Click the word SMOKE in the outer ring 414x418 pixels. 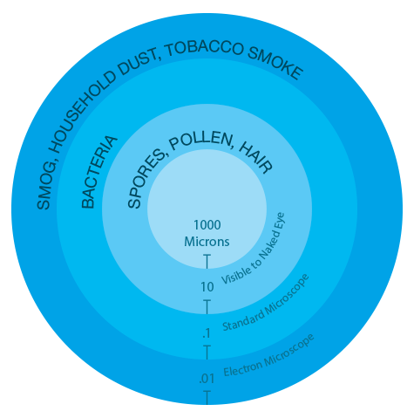coord(275,65)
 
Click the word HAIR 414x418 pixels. coord(255,159)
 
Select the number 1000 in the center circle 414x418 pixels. coord(207,225)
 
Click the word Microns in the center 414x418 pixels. coord(207,242)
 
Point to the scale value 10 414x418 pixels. coord(207,287)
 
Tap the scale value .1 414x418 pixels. coord(207,333)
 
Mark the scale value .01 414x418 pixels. coord(207,379)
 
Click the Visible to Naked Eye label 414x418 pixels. coord(254,249)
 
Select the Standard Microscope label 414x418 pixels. coord(266,304)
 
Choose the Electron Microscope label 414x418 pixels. coord(268,356)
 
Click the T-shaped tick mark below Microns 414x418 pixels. coord(207,262)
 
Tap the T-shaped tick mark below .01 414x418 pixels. coord(207,398)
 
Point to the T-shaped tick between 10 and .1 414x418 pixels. coord(207,307)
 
